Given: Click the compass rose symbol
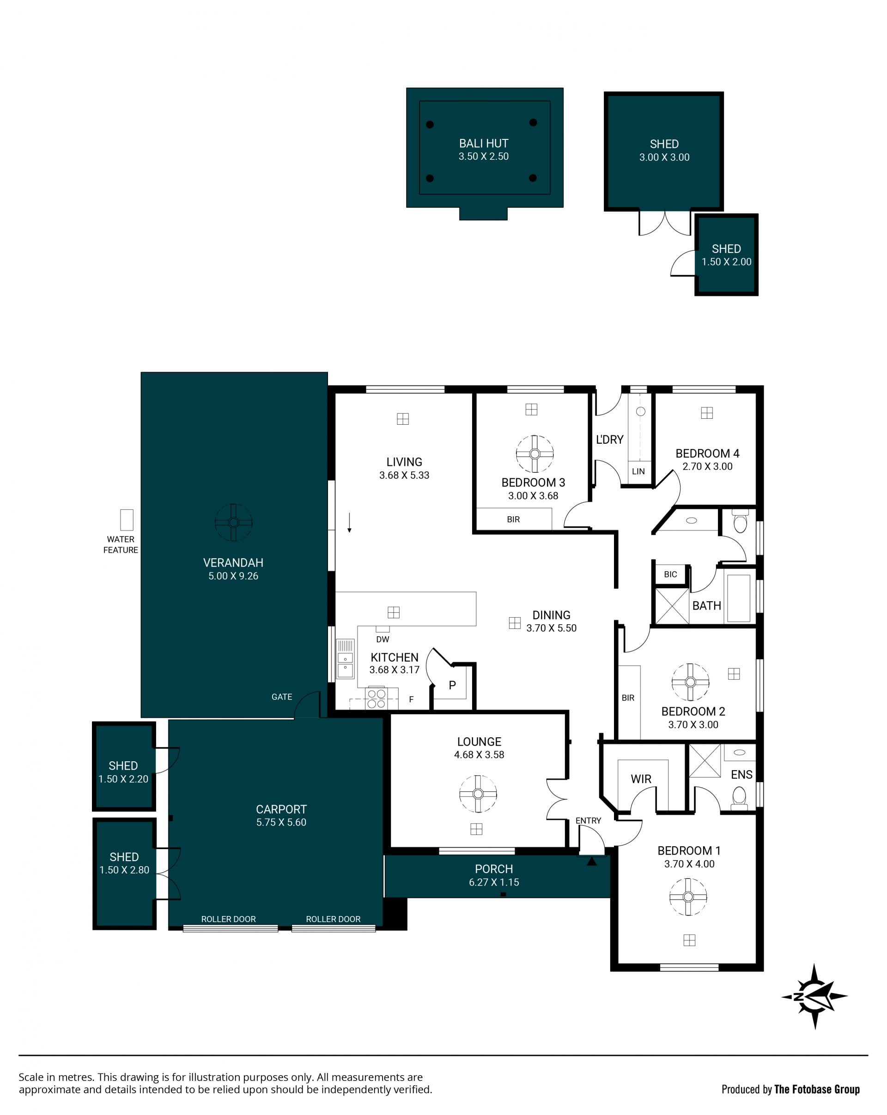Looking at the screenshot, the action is (x=814, y=996).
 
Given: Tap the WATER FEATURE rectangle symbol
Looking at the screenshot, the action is (x=127, y=520).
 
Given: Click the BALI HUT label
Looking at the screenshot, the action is (x=484, y=143).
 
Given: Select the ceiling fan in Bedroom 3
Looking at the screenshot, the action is (x=535, y=454).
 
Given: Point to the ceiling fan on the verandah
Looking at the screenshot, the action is (x=233, y=522).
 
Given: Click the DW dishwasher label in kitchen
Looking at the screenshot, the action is (x=383, y=639).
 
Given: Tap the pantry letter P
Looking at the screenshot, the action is (x=452, y=685).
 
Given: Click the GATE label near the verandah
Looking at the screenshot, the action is (x=282, y=697).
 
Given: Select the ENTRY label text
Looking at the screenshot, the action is (x=589, y=820).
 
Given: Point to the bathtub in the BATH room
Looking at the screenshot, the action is (x=739, y=598).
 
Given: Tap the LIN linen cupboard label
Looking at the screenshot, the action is (x=638, y=471).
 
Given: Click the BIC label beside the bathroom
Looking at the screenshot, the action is (x=670, y=574).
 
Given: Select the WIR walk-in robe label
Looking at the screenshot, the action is (x=641, y=779).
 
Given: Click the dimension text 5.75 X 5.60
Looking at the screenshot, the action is (x=281, y=822).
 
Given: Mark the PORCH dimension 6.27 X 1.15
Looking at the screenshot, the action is (x=494, y=882).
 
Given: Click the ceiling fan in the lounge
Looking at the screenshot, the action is (x=478, y=794).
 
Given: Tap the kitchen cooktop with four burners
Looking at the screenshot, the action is (x=376, y=699).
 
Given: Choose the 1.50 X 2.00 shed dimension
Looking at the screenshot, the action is (x=727, y=262).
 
